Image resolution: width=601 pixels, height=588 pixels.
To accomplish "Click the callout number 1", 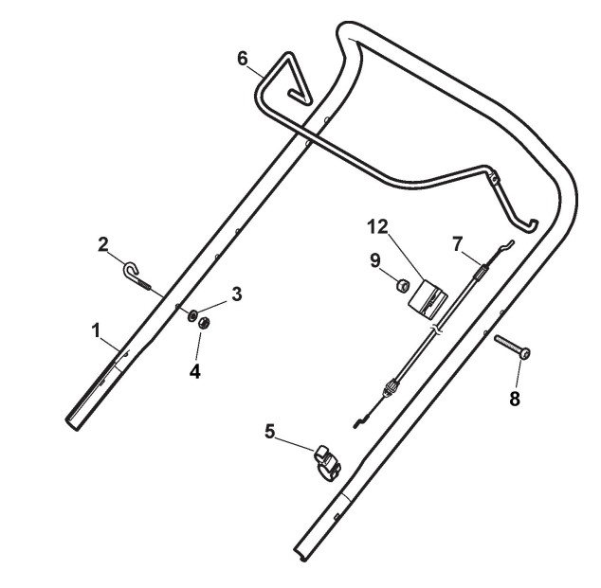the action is tap(96, 331).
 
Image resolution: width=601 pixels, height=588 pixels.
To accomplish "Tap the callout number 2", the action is tap(103, 245).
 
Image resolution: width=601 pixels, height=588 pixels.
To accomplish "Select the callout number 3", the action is tap(237, 294).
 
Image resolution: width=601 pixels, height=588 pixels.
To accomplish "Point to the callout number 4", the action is tap(195, 371).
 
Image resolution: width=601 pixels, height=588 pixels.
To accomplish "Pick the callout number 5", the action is tap(270, 432).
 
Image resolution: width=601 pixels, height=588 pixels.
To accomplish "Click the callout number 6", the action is tap(243, 59).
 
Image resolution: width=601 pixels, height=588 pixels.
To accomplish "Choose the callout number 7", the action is tap(457, 244).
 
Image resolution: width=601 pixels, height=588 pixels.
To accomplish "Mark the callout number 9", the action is tap(375, 260).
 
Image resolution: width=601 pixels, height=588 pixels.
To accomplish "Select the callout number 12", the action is tap(377, 227).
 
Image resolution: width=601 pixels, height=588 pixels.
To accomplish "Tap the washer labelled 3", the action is tap(192, 316).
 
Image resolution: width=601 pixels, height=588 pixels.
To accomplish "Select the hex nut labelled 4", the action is tap(203, 324).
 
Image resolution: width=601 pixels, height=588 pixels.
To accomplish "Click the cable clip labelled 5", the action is tap(327, 463).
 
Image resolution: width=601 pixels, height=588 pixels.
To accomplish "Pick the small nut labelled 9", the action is tap(402, 285).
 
